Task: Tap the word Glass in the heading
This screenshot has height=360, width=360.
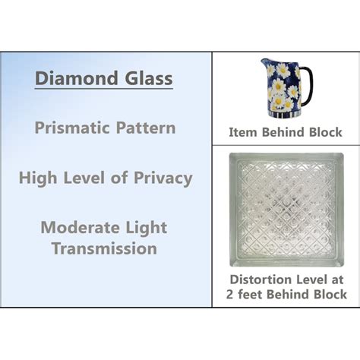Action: (147, 79)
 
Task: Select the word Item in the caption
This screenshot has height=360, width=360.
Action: (245, 133)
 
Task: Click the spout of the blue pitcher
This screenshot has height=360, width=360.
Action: (266, 65)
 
